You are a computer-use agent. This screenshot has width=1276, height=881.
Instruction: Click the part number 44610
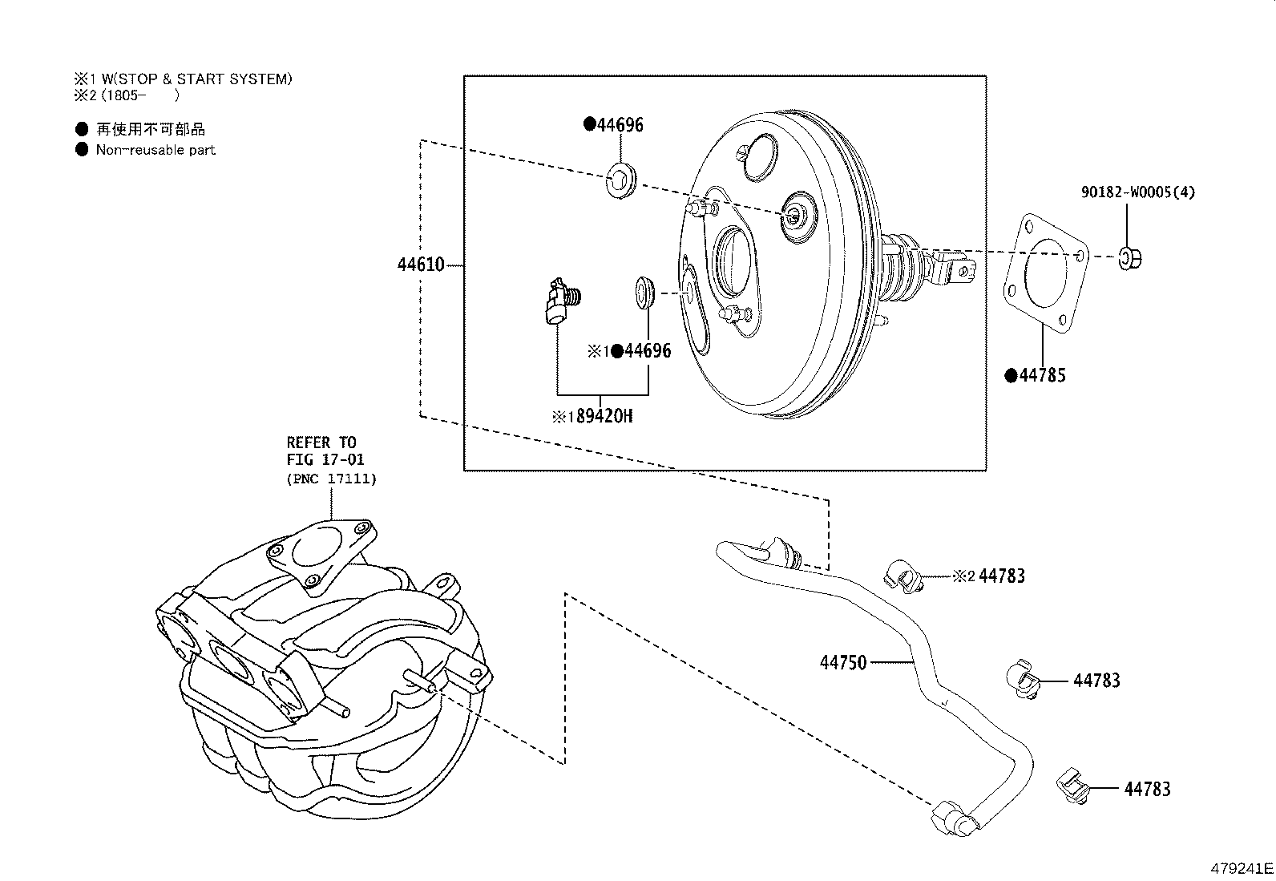pos(420,265)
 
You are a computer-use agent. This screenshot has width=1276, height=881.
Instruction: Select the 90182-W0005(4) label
pos(1137,192)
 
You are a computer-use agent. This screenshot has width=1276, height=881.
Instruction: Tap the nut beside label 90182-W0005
pos(1130,258)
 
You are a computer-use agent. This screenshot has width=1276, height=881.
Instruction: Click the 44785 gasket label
pos(1041,375)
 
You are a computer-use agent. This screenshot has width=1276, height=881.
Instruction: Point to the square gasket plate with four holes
pos(1046,273)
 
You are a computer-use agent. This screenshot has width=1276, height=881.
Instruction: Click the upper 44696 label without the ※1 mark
pos(619,125)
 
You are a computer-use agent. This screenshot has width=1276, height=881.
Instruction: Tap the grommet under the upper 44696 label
pos(621,181)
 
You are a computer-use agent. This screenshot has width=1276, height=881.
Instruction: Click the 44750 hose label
pos(843,663)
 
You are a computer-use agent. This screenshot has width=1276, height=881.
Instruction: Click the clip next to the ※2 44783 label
pos(902,576)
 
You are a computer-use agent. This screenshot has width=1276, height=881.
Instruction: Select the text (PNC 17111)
pos(331,479)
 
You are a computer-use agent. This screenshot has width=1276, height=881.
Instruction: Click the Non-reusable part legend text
pos(155,150)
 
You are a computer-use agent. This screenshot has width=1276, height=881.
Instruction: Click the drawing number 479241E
pos(1241,868)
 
